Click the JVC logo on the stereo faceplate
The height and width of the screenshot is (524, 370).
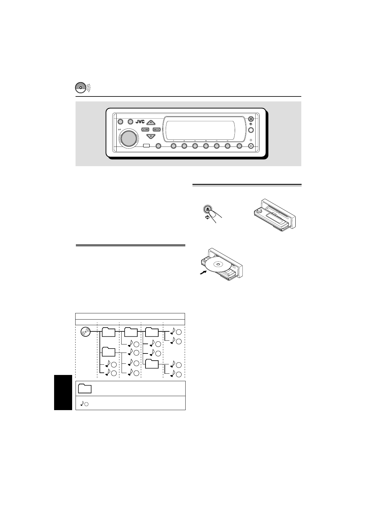tap(140, 122)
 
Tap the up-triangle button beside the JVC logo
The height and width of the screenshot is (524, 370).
tap(151, 122)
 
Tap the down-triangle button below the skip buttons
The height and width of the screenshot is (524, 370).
tap(151, 136)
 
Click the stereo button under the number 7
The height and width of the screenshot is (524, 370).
tap(173, 146)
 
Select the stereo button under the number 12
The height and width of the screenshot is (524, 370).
tap(228, 146)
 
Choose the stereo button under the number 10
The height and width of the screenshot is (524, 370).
tap(206, 146)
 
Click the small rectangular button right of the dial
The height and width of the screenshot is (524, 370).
tap(146, 146)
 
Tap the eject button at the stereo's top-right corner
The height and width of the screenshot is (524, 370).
tap(251, 119)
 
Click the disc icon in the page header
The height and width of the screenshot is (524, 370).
tap(80, 88)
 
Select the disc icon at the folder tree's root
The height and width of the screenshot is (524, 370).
tap(85, 332)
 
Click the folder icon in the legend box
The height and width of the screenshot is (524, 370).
tap(85, 389)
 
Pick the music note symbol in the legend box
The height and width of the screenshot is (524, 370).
tap(82, 403)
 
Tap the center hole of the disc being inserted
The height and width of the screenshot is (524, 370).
tap(218, 265)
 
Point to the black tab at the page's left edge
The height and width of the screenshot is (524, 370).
tap(63, 392)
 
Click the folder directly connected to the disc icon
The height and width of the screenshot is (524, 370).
tap(109, 332)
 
